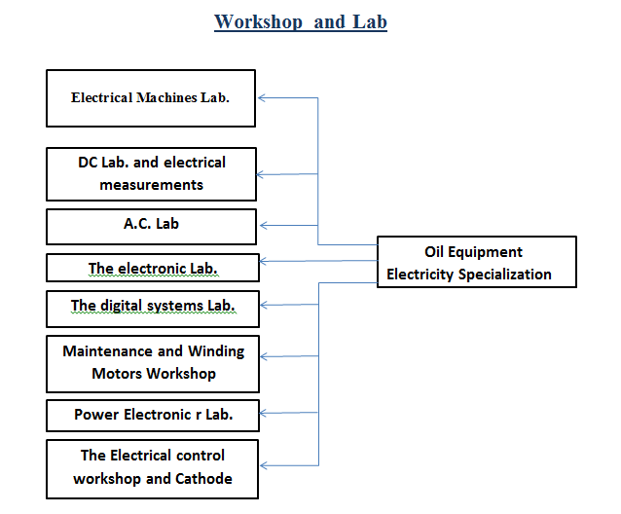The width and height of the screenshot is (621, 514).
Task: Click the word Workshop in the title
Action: coord(258,22)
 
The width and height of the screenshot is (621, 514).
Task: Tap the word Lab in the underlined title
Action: coord(370,21)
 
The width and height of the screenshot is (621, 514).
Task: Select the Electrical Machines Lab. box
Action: coord(151,98)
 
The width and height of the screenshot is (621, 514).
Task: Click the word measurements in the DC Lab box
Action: coord(151,185)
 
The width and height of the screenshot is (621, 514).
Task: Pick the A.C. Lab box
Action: coord(151,227)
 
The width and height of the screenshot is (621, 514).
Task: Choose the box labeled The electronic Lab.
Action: coord(153,268)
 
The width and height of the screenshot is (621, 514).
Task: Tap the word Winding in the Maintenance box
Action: coord(216,351)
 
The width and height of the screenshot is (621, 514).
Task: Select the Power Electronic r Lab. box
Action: coord(153,416)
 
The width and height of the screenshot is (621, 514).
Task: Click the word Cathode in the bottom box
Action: coord(203,479)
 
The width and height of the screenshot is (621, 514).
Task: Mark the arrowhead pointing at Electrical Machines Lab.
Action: coord(262,97)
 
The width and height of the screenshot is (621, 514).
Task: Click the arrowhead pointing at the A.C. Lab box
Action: coord(264,225)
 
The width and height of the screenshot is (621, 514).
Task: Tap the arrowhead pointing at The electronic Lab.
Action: coord(263,261)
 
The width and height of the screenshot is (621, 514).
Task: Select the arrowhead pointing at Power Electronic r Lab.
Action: coord(263,414)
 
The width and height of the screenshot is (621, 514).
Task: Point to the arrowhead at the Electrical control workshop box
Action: coord(264,465)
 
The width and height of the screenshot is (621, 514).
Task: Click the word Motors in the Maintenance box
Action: coord(117,374)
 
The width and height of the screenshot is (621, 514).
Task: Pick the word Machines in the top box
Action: coord(166,97)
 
